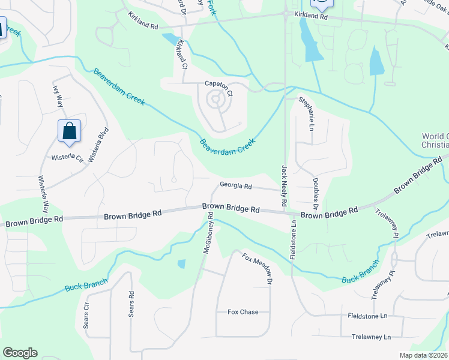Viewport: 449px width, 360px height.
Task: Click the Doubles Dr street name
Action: (314, 190)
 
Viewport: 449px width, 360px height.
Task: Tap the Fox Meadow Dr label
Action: (258, 268)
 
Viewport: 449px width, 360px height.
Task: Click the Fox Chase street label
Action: (243, 312)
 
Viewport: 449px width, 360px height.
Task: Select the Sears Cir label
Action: (86, 315)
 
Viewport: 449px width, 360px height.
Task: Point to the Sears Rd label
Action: (131, 304)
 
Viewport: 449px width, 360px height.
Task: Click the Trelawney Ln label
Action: (370, 337)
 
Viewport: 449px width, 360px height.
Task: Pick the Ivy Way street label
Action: (58, 97)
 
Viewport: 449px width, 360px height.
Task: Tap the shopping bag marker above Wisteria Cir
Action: (69, 130)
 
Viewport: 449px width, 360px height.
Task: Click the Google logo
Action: (20, 353)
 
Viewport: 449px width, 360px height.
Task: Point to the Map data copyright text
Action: (423, 355)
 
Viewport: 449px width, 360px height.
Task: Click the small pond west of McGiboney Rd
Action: (181, 263)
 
